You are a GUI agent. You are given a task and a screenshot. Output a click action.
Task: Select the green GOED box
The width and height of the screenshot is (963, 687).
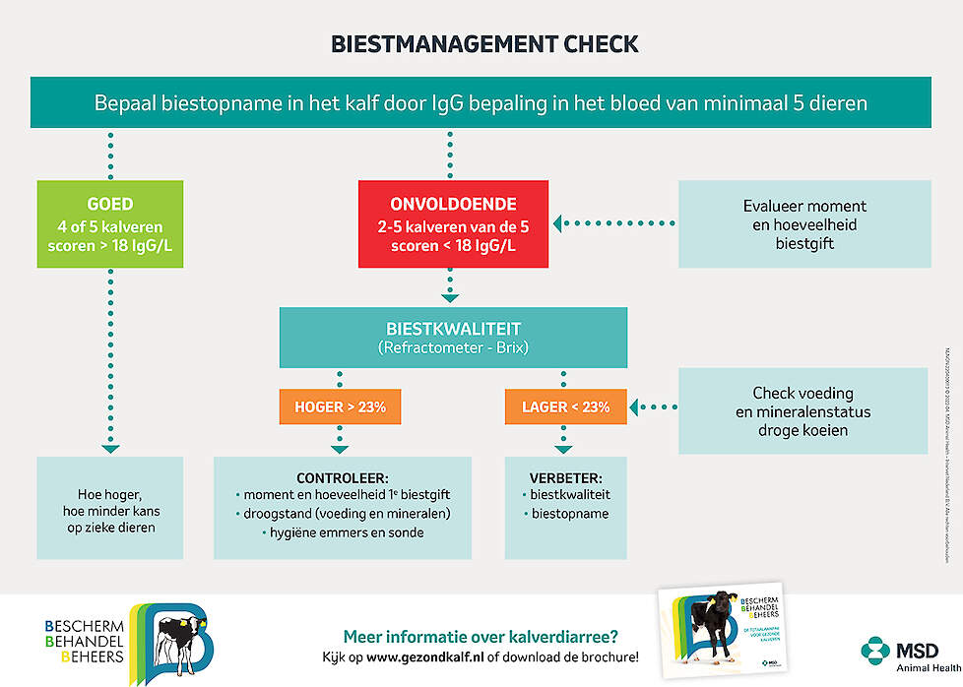109,224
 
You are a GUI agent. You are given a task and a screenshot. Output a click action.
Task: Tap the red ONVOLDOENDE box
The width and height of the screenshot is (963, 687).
452,224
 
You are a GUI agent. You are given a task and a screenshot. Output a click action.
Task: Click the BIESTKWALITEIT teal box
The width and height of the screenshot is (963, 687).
453,338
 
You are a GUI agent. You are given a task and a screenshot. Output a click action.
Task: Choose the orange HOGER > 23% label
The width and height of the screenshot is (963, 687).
341,406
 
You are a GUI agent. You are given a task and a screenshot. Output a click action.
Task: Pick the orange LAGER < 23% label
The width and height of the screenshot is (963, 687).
565,406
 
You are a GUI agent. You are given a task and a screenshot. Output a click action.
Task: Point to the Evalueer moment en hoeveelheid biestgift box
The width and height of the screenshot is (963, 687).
804,224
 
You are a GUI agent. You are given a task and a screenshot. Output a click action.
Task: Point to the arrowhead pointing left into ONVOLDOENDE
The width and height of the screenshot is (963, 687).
558,224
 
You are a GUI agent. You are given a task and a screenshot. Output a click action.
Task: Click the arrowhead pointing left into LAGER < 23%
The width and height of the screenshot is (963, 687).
636,406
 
